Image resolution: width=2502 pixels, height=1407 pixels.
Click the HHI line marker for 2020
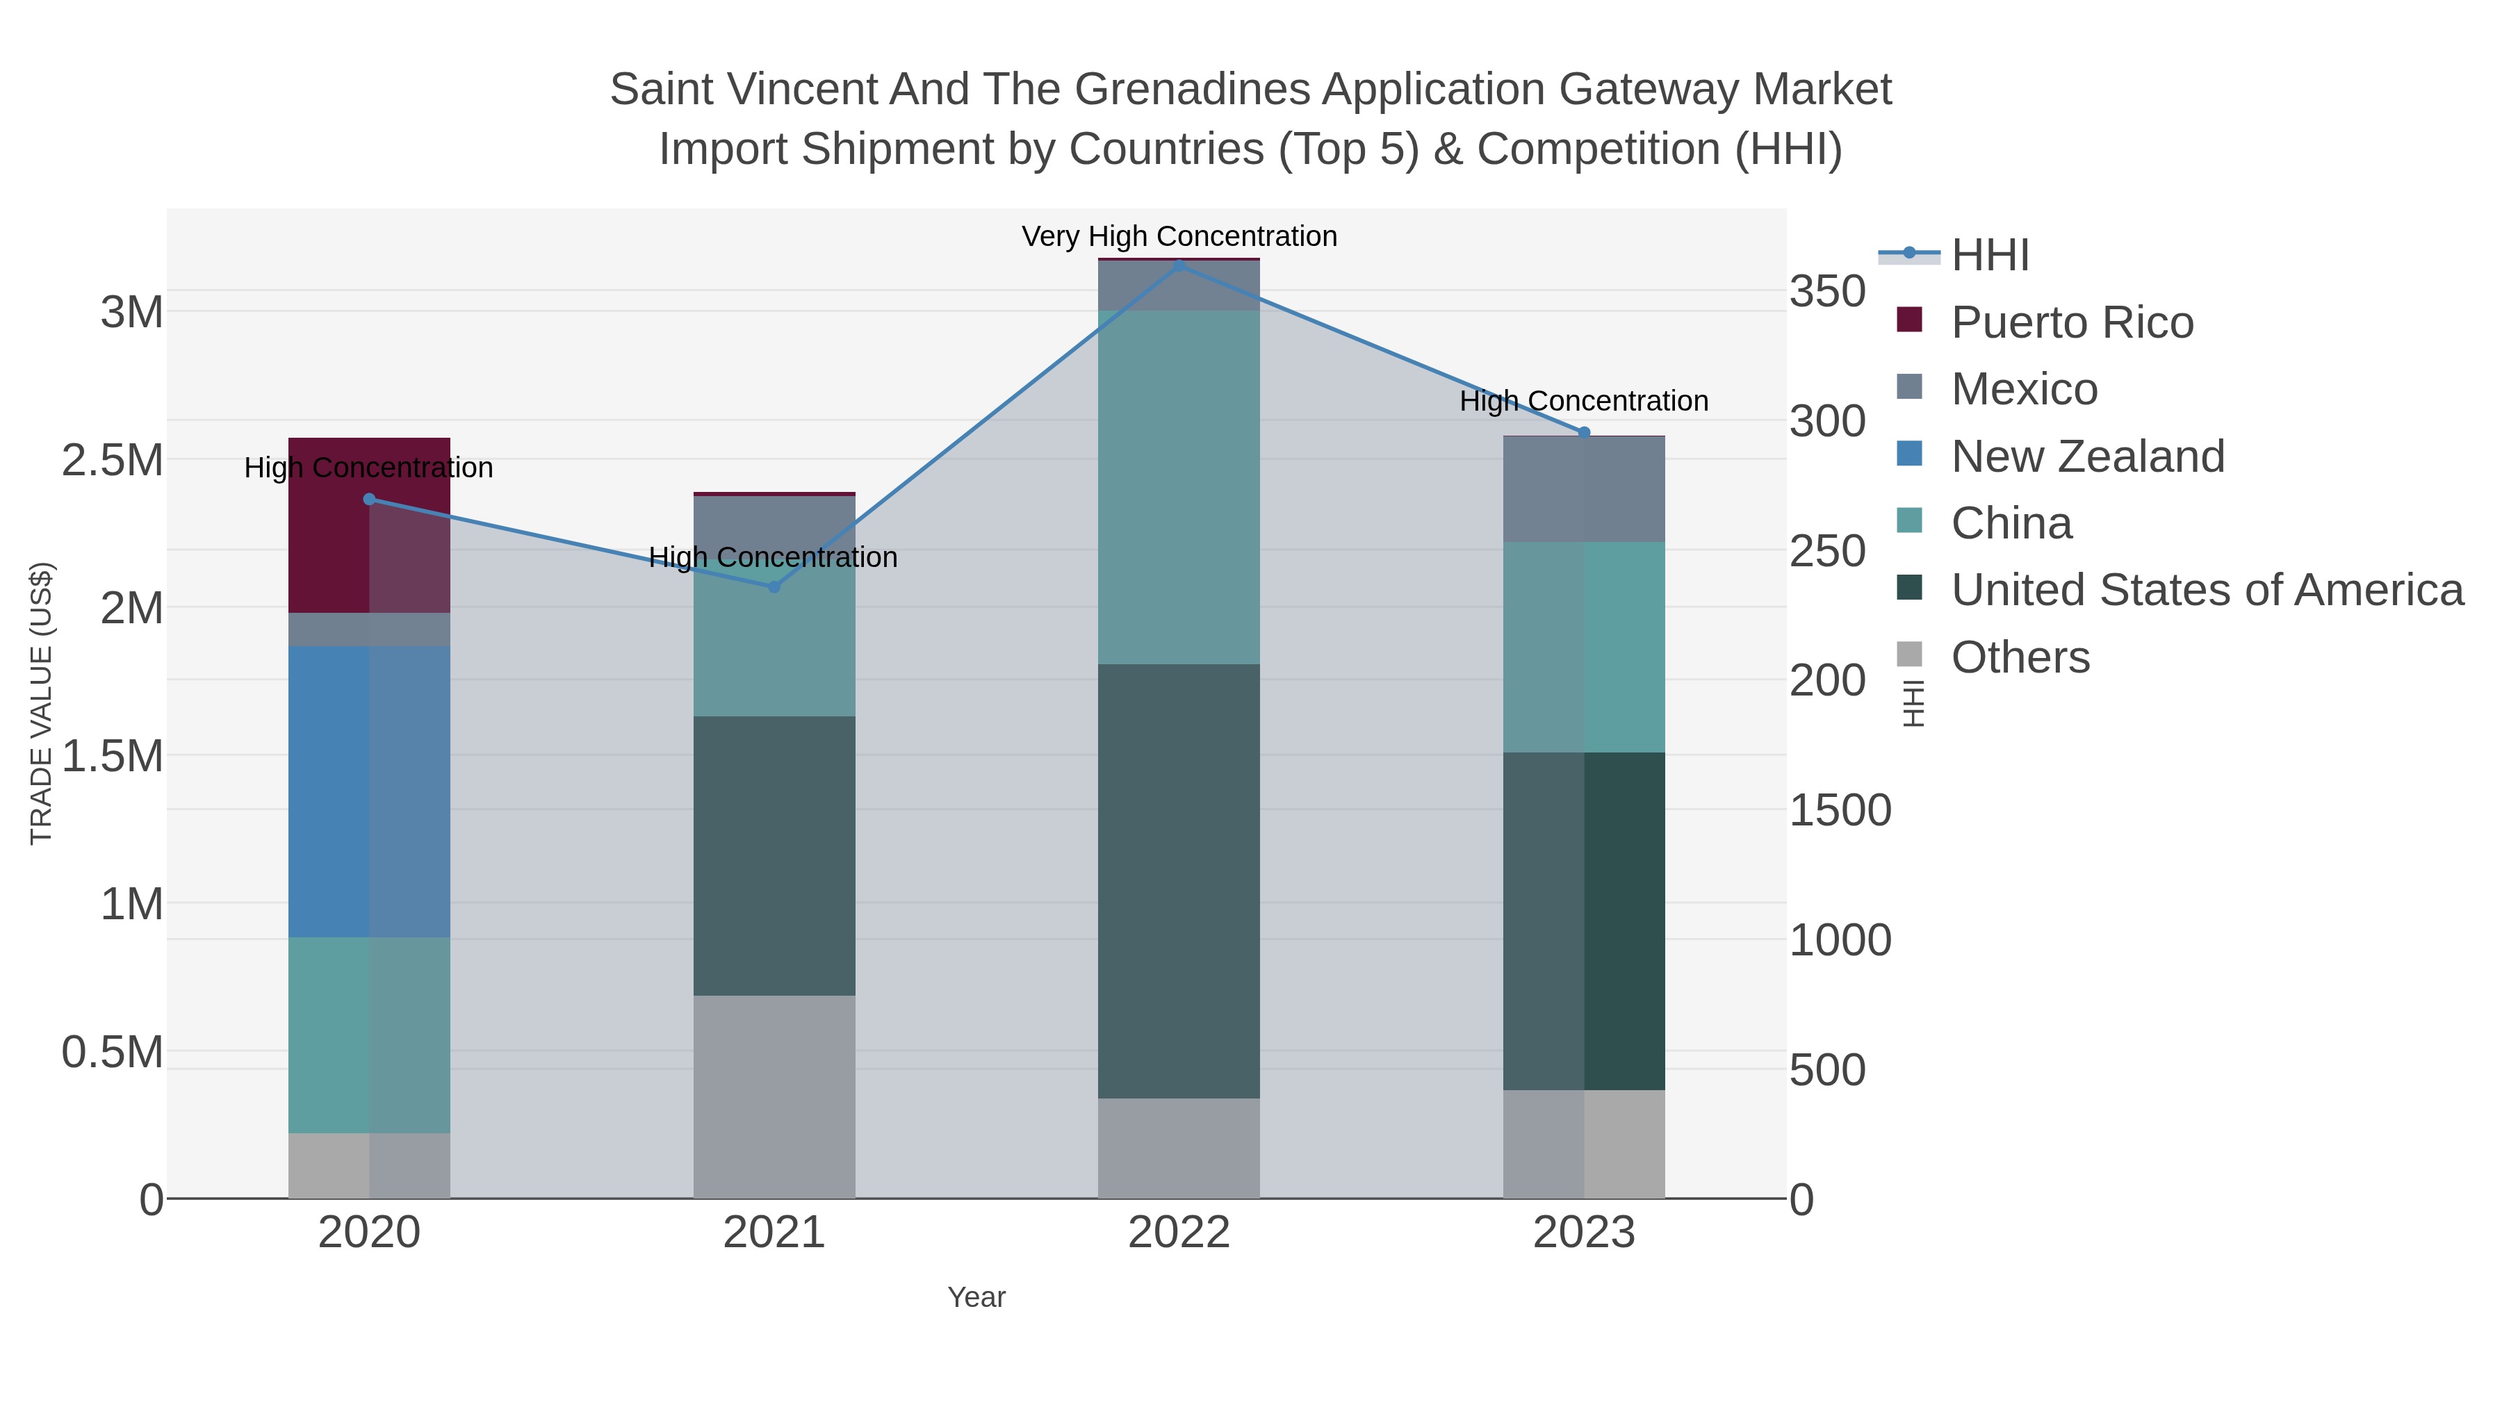(369, 499)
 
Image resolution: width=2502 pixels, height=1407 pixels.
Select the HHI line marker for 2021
(774, 586)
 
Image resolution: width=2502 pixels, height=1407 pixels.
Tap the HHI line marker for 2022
(1179, 265)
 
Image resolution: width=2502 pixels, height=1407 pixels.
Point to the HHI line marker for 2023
(1584, 433)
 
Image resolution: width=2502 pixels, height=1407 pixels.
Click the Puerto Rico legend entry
(2071, 322)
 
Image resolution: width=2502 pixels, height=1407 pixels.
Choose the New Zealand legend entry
(2086, 456)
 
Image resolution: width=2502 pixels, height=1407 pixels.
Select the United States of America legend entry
(2206, 591)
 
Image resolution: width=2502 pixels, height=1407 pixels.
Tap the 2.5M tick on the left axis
(113, 460)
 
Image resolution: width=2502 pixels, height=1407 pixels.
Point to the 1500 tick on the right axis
(1840, 810)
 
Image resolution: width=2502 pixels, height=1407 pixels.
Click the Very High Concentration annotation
(1179, 236)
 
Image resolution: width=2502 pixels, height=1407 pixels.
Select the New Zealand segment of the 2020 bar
(369, 791)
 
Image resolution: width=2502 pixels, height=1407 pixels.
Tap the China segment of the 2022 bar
(1179, 488)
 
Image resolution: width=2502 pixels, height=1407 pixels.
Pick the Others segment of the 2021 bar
(774, 1096)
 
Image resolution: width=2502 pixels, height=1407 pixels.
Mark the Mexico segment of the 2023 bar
(1584, 489)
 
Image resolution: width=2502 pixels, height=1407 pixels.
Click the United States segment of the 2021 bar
(774, 855)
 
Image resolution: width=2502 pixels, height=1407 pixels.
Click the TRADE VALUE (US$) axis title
(41, 703)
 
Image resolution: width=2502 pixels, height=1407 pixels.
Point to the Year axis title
(976, 1297)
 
